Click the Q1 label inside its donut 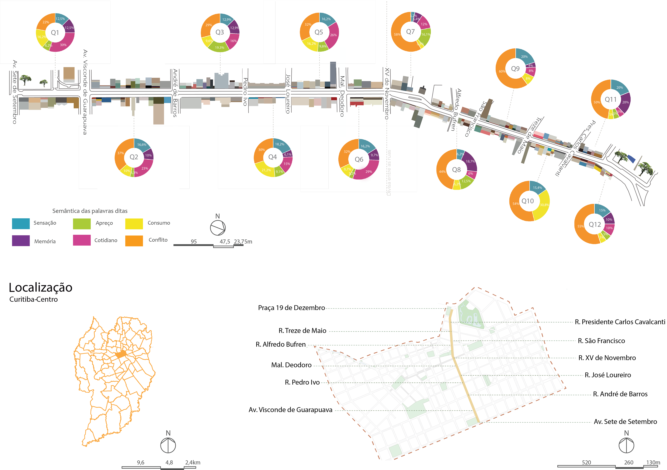point(55,32)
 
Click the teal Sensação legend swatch point(21,223)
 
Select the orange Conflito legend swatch point(134,241)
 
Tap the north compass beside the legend point(218,228)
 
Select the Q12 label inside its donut point(595,224)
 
